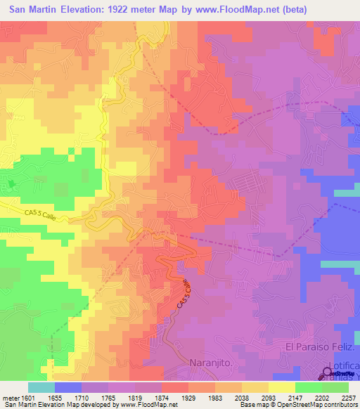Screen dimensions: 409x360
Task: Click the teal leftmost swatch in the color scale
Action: (x=41, y=387)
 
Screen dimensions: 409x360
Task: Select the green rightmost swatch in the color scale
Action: (x=335, y=387)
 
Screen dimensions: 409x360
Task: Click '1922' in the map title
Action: (x=130, y=10)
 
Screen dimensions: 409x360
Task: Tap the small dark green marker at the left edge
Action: (x=11, y=185)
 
